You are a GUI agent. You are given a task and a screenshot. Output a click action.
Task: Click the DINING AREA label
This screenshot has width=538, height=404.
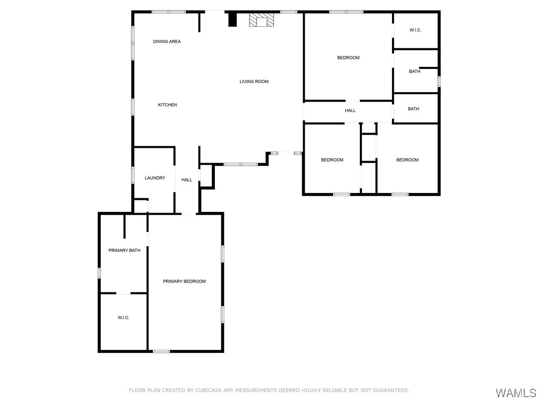167,42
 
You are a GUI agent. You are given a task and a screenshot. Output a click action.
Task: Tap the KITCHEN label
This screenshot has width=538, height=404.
167,105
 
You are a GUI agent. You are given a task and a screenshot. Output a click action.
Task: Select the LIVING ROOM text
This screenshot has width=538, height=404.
254,82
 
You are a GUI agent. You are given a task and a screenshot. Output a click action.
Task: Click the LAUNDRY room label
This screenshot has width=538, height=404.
155,178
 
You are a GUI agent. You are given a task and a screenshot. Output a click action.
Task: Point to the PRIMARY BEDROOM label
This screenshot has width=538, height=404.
184,281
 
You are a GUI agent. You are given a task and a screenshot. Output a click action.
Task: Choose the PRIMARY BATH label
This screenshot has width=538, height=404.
124,250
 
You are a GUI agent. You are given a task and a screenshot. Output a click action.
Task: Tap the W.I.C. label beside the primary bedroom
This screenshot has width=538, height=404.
123,318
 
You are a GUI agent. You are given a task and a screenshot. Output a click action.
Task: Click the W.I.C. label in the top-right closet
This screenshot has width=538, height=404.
415,31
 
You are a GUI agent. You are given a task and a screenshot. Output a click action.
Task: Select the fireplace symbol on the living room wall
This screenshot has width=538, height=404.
262,20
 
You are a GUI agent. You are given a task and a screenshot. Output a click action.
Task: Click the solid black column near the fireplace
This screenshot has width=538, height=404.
232,19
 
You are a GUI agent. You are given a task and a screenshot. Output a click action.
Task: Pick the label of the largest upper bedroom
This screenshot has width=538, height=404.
348,58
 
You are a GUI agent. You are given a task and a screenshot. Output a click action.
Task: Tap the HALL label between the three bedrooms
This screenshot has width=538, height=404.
350,110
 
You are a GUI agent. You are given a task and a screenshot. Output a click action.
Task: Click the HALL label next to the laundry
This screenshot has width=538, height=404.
187,180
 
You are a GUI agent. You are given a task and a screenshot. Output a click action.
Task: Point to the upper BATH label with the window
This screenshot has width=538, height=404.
415,72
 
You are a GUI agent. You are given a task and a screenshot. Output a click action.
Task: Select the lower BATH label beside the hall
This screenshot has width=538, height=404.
413,109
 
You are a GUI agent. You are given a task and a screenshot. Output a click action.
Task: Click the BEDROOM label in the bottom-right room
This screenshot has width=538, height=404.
407,160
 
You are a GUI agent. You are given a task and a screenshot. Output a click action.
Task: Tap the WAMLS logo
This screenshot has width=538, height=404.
515,393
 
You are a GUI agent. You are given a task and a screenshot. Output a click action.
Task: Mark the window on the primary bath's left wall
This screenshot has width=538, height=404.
99,273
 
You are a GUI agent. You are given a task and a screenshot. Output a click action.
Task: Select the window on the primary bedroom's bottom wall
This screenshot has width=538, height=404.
161,351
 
